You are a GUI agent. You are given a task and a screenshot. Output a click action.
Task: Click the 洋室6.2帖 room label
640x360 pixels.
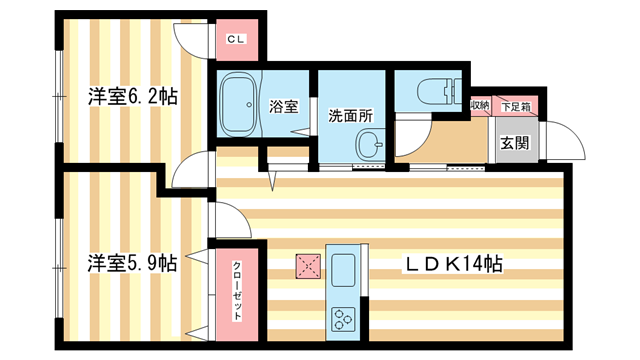pos(133,97)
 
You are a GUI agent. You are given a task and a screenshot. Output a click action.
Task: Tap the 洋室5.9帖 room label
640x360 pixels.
pos(132,263)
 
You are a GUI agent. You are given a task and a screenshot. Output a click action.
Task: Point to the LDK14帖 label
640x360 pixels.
pos(453,264)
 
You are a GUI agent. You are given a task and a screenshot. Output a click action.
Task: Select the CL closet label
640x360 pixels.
pos(236,40)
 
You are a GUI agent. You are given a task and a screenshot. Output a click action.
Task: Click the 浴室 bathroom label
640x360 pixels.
pos(283,107)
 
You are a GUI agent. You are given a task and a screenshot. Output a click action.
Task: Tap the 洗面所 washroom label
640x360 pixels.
pos(351,116)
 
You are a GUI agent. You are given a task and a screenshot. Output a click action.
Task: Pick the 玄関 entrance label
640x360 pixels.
pos(515,143)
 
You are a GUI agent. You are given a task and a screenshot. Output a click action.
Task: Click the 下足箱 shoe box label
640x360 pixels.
pos(516,107)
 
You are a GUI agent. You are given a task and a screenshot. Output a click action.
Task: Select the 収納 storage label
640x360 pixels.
pos(480,105)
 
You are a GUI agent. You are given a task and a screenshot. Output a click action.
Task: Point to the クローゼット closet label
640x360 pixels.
pos(237,290)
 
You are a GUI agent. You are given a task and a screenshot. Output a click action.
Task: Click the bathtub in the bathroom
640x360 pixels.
pos(238,104)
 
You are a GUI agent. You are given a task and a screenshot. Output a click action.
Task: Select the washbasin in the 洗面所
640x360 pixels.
pos(370,144)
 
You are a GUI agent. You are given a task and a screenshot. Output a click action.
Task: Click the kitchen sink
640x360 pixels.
pos(343,269)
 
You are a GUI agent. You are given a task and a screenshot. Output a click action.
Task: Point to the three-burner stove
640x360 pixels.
pos(342,319)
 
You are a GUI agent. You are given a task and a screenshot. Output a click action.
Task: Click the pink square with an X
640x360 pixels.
pos(308,266)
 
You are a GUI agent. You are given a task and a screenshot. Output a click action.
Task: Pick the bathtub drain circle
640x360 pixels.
pos(249,104)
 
